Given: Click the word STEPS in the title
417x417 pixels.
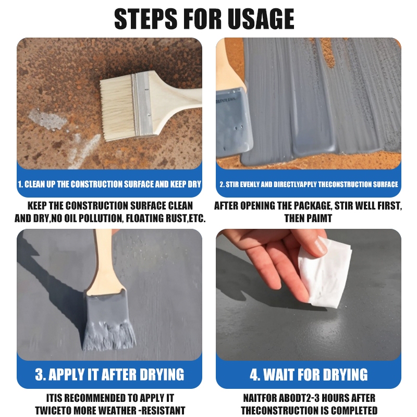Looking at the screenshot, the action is pos(146,19).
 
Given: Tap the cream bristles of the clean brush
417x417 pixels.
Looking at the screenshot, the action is pos(117,107).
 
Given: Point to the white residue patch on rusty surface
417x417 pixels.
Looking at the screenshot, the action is pos(47,120).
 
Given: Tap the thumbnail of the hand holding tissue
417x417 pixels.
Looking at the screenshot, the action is pos(321,247).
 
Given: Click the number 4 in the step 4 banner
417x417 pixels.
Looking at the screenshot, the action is pos(254,374).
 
